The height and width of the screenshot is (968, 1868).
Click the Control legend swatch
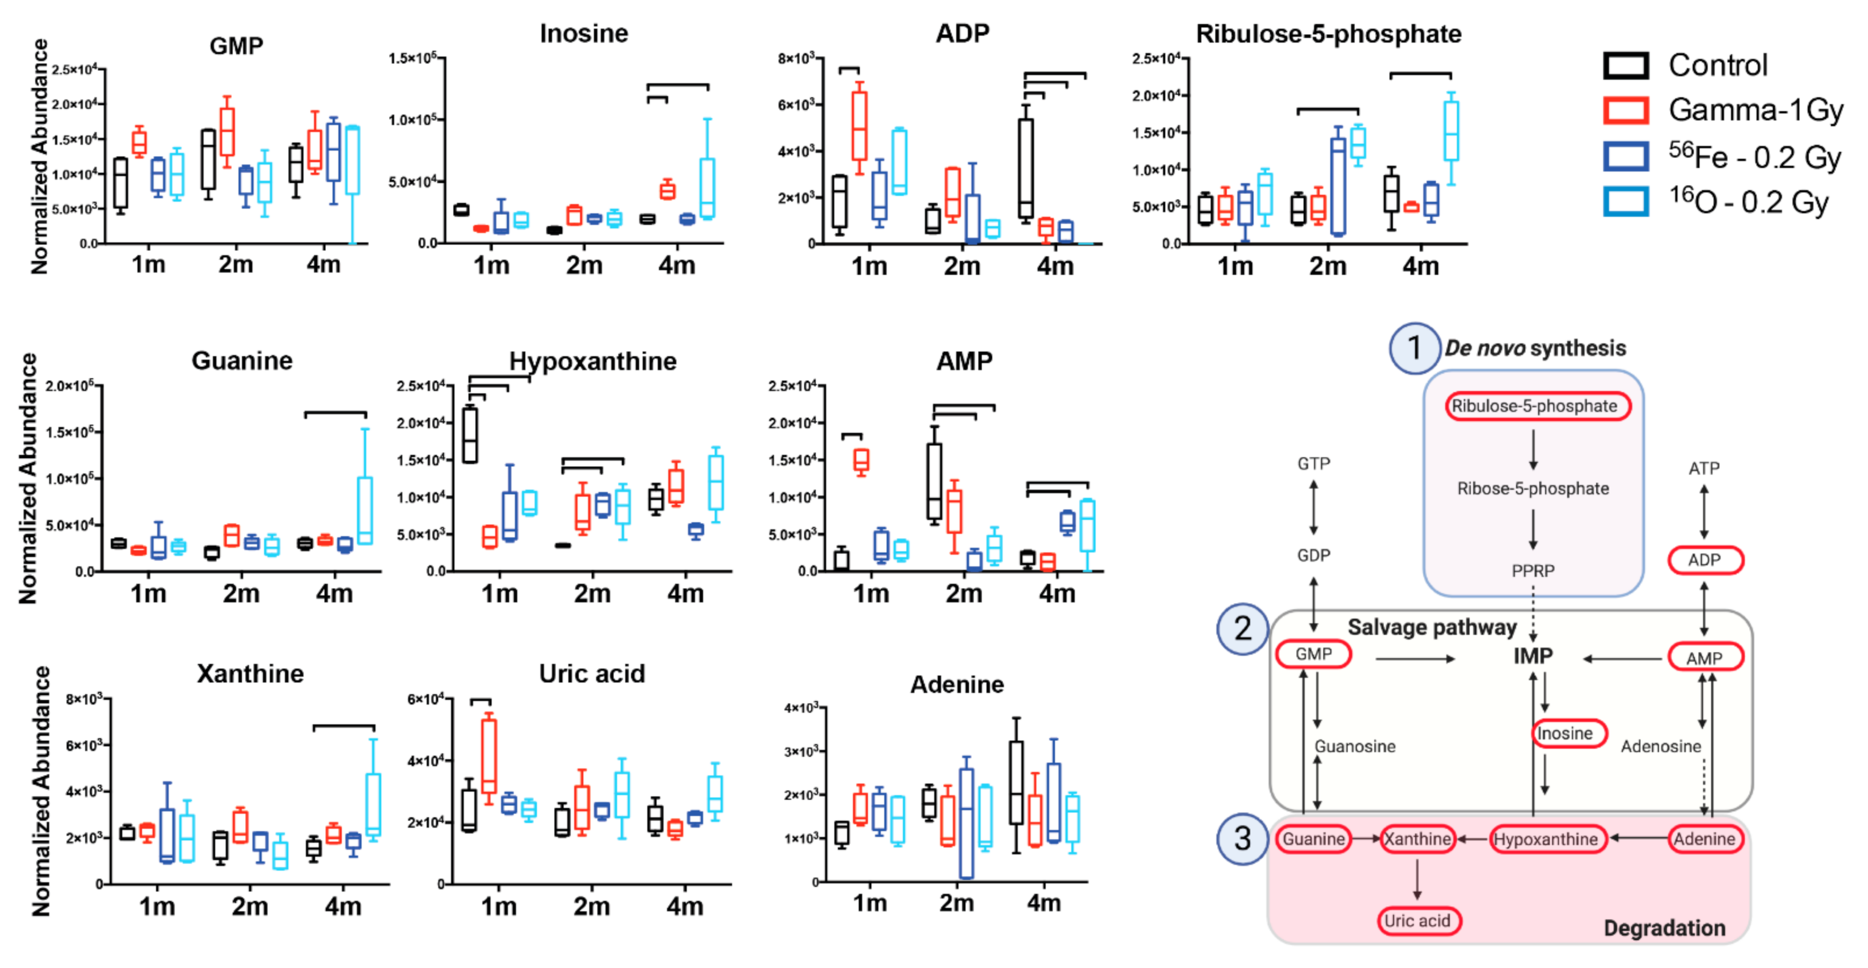tap(1625, 66)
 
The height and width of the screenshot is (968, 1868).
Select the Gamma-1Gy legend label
tap(1755, 110)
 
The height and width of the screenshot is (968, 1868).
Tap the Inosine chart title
tap(584, 34)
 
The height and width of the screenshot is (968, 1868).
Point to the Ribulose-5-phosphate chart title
tap(1328, 34)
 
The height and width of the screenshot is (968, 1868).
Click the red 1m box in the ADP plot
tap(859, 126)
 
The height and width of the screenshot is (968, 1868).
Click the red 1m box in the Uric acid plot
tap(489, 756)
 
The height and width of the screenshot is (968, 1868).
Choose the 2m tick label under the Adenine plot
tap(957, 904)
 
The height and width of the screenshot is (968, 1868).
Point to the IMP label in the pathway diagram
tap(1532, 656)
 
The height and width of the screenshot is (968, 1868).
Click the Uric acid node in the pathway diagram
tap(1418, 921)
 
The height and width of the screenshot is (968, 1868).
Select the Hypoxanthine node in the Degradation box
tap(1546, 839)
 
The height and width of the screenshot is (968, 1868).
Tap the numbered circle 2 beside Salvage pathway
tap(1242, 629)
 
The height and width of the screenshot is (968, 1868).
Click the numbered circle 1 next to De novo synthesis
tap(1414, 348)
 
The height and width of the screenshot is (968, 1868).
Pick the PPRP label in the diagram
tap(1532, 571)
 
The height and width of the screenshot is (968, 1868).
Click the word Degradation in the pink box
tap(1664, 928)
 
